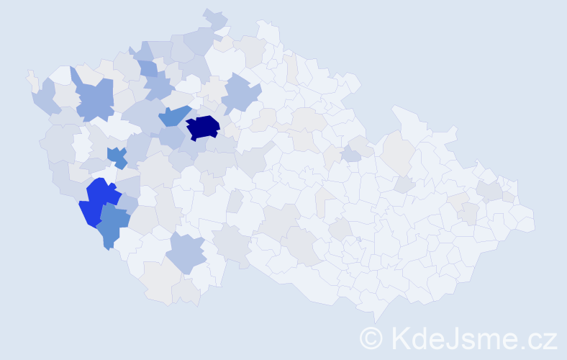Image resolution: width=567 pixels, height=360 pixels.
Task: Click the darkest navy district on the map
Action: coord(203,127)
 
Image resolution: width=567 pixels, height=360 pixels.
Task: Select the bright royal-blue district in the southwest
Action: coord(99,201)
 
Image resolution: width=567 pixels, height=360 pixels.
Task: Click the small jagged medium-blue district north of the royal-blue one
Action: coord(117,156)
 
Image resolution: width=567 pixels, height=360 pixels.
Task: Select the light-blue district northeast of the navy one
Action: coord(240,94)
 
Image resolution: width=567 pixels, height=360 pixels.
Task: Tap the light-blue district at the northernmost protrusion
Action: coord(215,18)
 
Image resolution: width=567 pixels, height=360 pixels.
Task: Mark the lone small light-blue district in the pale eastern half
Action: coord(351,155)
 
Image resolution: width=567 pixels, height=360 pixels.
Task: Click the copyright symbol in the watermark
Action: coord(371,338)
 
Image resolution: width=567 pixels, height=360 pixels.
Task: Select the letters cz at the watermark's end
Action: coord(542,339)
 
